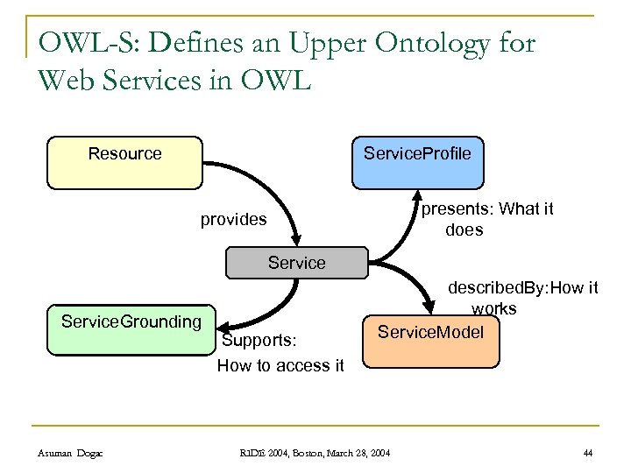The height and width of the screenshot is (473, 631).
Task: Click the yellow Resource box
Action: (124, 163)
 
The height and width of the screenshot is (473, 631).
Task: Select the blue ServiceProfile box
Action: (417, 163)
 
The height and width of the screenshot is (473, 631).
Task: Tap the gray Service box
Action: (296, 263)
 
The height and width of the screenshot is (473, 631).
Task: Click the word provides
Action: (233, 220)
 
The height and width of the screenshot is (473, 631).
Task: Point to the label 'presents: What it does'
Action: (487, 220)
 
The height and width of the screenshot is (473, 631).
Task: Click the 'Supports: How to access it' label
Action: (280, 353)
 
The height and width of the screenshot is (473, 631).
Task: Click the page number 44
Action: (587, 452)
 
